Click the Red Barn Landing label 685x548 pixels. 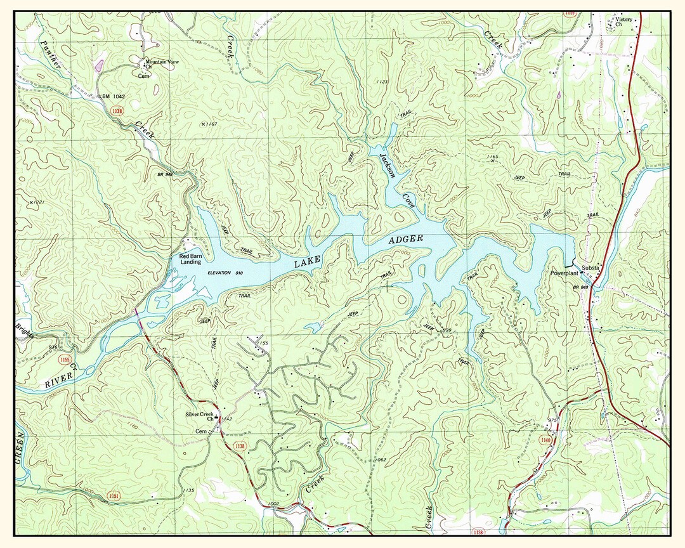pos(190,258)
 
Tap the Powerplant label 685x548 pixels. pos(565,274)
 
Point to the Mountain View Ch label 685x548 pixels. pos(162,63)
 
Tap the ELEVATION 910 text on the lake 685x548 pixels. pos(225,273)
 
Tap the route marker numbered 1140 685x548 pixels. pos(546,440)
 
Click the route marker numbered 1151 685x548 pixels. pos(113,494)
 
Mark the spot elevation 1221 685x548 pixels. pos(36,203)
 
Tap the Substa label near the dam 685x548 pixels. pos(590,268)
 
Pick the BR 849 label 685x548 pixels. pos(581,288)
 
